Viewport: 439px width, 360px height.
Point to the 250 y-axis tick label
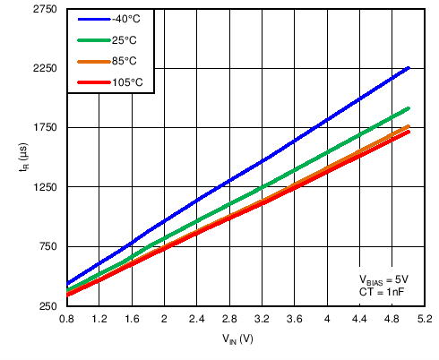[x=48, y=306]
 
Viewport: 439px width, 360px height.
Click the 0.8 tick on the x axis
[x=66, y=319]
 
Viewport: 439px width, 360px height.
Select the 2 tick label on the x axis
[x=164, y=319]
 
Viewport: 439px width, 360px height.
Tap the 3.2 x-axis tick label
[x=262, y=319]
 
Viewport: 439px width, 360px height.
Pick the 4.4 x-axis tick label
[x=360, y=319]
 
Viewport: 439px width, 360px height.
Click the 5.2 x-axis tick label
[x=425, y=319]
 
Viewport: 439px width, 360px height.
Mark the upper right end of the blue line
[x=409, y=68]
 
